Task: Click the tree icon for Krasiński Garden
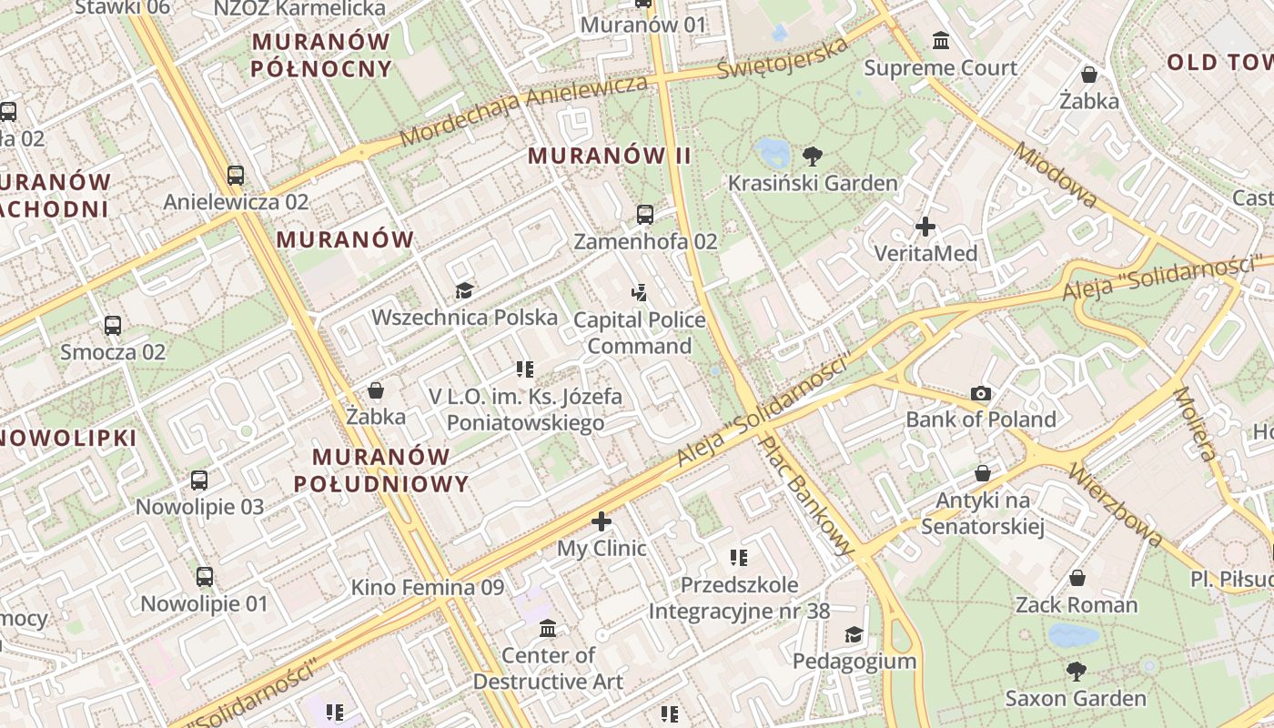[x=812, y=156]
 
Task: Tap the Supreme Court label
[x=941, y=68]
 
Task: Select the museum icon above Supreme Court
[x=941, y=41]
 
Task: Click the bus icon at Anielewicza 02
[x=236, y=175]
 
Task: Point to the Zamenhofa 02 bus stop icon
[x=645, y=215]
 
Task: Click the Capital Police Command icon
[x=640, y=293]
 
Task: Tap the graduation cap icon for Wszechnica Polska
[x=464, y=290]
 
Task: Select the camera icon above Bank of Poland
[x=980, y=393]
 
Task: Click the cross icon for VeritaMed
[x=925, y=226]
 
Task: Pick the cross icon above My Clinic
[x=602, y=521]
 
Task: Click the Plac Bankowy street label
[x=807, y=496]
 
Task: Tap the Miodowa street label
[x=1056, y=175]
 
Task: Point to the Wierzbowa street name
[x=1114, y=506]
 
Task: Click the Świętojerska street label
[x=782, y=56]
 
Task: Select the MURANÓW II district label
[x=610, y=156]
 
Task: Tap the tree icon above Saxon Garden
[x=1076, y=672]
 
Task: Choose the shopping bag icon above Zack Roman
[x=1077, y=578]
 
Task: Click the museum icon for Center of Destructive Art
[x=548, y=628]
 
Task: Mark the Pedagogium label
[x=854, y=661]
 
